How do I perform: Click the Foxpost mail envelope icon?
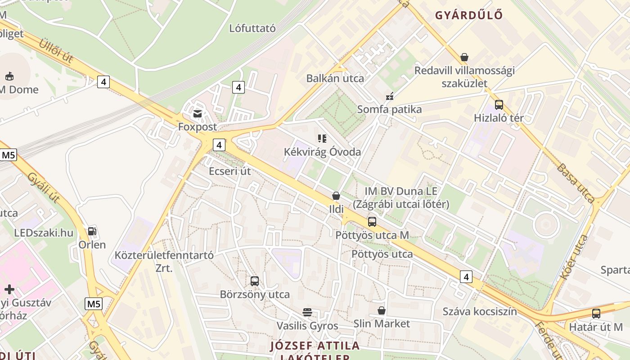(x=197, y=113)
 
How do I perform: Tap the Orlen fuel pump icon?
(x=92, y=231)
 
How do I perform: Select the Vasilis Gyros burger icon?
(x=307, y=312)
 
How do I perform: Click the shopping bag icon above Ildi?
(x=336, y=196)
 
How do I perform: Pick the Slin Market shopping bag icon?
(x=382, y=310)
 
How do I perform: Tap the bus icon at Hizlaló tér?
(x=499, y=105)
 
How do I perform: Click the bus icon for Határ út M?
(x=596, y=314)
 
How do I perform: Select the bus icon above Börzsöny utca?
(x=255, y=281)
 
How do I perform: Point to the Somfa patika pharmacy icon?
(x=390, y=96)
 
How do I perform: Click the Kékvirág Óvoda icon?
(x=322, y=139)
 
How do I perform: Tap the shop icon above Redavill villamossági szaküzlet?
(x=464, y=57)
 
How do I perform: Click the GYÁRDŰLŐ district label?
(x=468, y=15)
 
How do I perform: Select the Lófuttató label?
(x=252, y=28)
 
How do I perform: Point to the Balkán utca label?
(x=335, y=78)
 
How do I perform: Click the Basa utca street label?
(x=576, y=183)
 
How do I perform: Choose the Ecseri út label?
(x=229, y=171)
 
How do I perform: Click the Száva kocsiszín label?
(x=480, y=311)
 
